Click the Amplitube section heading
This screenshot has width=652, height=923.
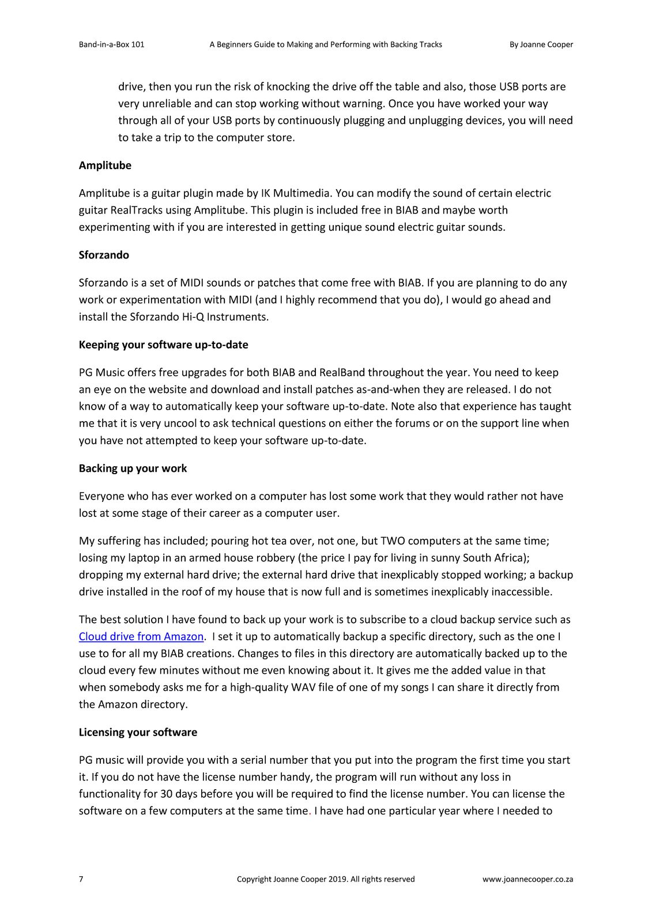(105, 166)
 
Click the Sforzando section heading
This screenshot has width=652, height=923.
(104, 255)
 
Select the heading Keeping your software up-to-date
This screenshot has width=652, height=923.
(163, 345)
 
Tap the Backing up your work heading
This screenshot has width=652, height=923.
(133, 468)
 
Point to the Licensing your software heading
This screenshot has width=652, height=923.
(138, 732)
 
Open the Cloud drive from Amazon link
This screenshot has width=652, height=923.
(141, 636)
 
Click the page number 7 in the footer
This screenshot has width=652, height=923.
(81, 879)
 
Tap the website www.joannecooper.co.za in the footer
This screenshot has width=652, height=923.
(527, 879)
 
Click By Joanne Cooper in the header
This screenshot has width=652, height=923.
(541, 44)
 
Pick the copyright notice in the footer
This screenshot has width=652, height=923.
(326, 879)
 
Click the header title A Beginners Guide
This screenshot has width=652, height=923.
(326, 44)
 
